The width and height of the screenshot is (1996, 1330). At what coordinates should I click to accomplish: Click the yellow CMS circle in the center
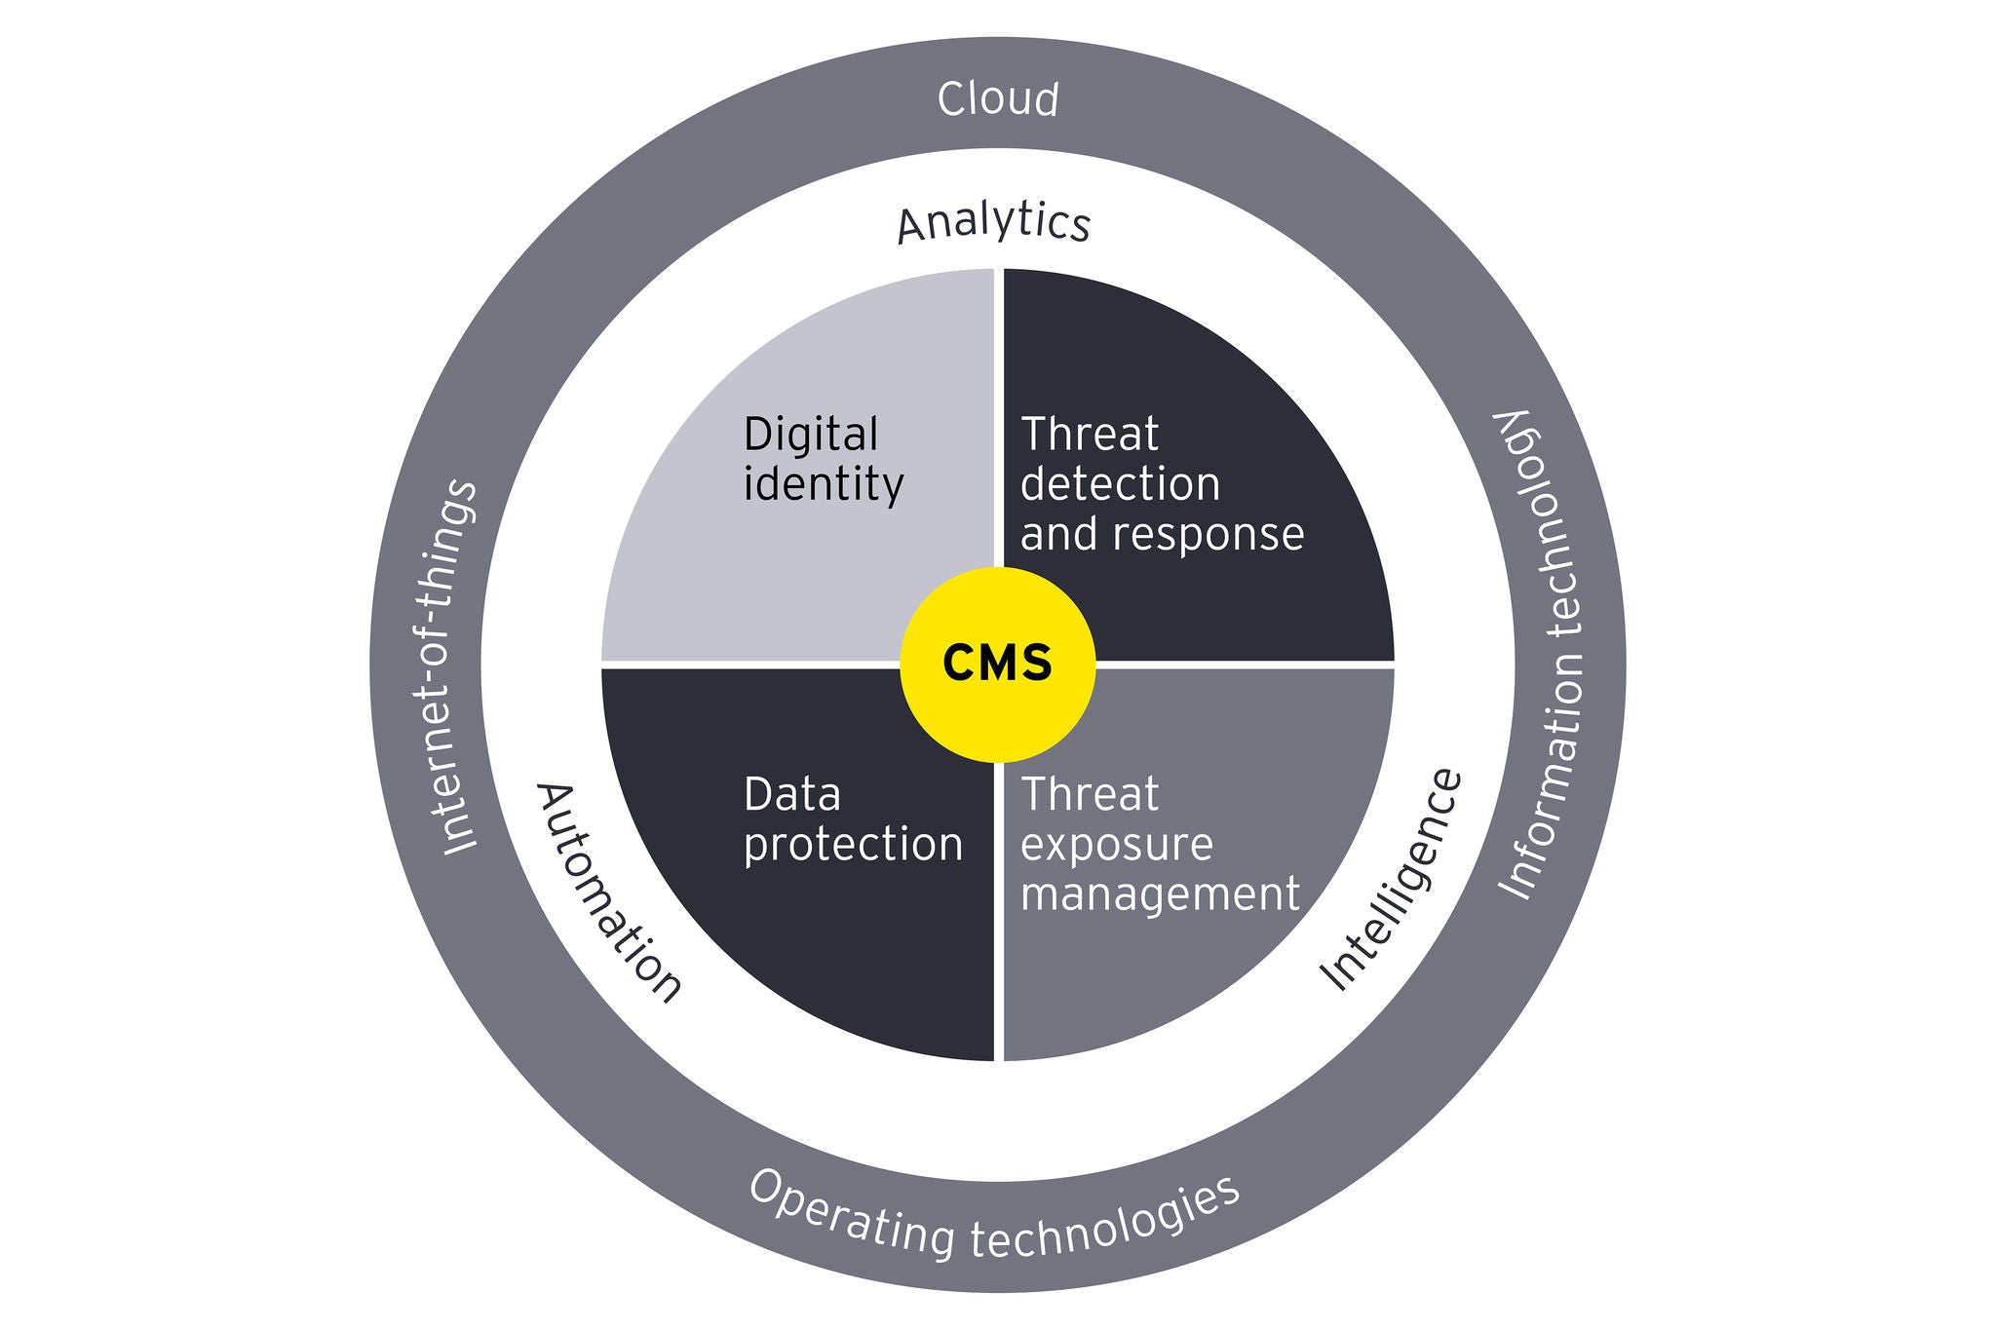click(x=997, y=665)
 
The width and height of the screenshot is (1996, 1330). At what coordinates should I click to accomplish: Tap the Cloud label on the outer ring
click(x=998, y=100)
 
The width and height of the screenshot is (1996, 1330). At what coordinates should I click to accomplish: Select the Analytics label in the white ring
click(x=993, y=222)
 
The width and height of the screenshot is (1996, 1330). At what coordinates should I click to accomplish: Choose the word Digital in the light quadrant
click(x=811, y=435)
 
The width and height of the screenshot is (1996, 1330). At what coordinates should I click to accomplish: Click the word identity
click(x=824, y=485)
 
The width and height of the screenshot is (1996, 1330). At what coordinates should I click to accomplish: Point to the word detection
click(x=1120, y=485)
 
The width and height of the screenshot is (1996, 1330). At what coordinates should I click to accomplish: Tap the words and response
click(x=1162, y=535)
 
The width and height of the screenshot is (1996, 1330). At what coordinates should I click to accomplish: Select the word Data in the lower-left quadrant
click(x=791, y=795)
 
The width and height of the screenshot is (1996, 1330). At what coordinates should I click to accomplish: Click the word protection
click(x=853, y=845)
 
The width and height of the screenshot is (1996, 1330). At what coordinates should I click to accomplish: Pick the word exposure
click(x=1116, y=845)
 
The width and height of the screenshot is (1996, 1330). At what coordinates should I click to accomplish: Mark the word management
click(x=1160, y=894)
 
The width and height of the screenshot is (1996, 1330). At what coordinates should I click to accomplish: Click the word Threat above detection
click(x=1089, y=435)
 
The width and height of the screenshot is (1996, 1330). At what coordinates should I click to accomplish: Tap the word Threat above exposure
click(x=1089, y=795)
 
